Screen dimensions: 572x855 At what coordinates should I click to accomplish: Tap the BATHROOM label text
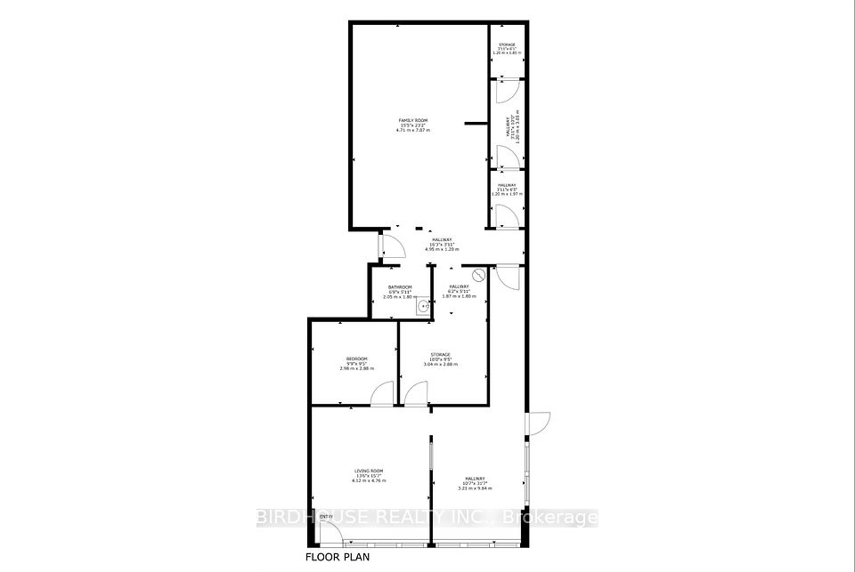(400, 286)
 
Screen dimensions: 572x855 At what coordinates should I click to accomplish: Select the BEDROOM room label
(357, 359)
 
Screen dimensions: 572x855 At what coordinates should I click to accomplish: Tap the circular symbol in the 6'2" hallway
(477, 276)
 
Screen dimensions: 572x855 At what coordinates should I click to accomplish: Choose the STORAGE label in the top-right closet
(506, 44)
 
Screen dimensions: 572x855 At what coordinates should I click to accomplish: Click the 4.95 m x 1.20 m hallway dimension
(443, 249)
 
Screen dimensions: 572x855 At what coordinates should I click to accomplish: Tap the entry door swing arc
(329, 534)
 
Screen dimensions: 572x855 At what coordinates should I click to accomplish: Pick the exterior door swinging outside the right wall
(539, 423)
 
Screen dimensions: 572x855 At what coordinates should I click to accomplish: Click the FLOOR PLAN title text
(338, 558)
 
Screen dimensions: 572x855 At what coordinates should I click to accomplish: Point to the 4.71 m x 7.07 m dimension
(413, 130)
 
